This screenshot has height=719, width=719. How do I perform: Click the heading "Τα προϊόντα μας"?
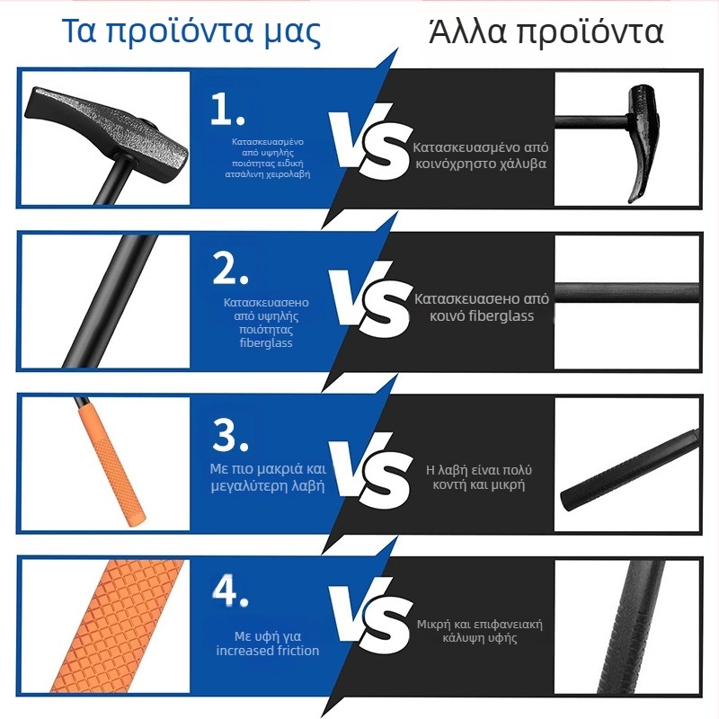(x=191, y=31)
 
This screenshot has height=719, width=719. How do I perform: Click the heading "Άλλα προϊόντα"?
(x=546, y=31)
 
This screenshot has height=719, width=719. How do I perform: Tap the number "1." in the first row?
(x=227, y=109)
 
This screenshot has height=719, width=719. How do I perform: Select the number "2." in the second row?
(x=230, y=269)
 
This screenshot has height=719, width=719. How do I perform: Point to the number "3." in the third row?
(x=231, y=435)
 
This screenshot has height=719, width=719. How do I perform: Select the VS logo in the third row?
(x=368, y=467)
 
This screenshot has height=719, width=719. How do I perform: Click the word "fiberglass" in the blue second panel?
(x=266, y=342)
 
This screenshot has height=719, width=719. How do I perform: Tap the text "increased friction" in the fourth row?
(x=268, y=650)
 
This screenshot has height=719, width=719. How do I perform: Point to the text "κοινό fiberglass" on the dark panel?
(x=482, y=316)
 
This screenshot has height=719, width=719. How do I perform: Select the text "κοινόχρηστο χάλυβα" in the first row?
(x=481, y=164)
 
